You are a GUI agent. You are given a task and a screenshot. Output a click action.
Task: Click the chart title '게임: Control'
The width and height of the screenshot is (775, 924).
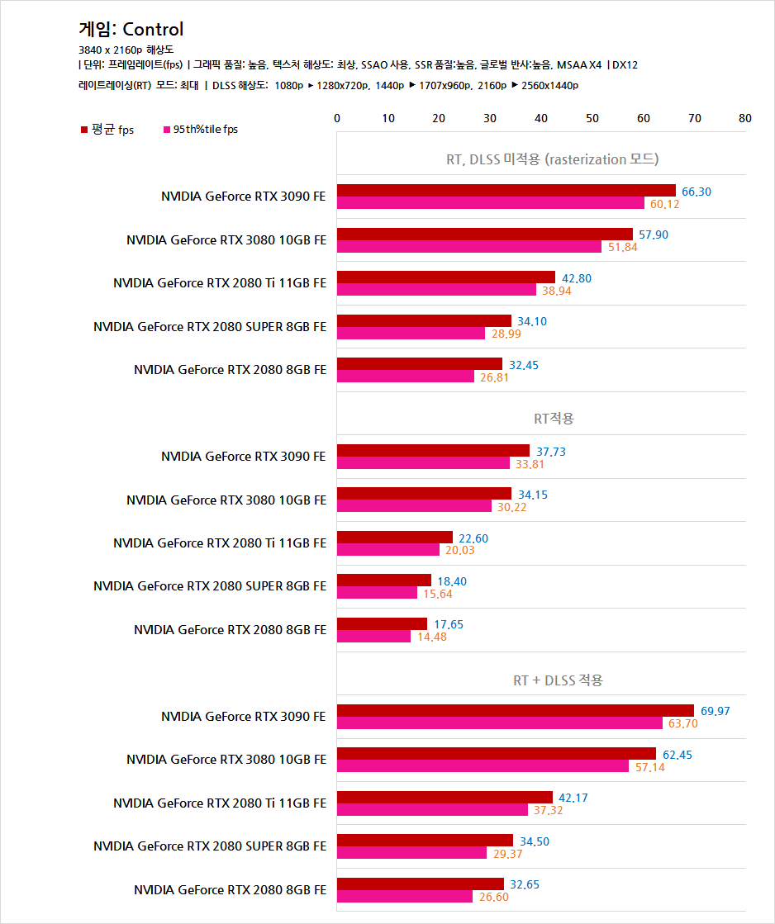point(131,30)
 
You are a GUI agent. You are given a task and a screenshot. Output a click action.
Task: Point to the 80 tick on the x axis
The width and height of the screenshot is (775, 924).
point(744,119)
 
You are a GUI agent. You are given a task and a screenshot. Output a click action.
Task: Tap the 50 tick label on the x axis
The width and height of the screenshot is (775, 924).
point(592,119)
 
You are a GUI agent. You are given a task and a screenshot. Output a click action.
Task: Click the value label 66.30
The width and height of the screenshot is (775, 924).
point(696,192)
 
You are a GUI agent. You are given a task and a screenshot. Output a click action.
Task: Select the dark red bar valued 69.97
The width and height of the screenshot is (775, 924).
point(515,711)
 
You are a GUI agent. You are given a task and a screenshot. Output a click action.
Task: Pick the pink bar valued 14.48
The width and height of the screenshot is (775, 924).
point(373,637)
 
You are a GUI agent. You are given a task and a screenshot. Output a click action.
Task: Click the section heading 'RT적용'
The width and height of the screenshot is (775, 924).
point(554,419)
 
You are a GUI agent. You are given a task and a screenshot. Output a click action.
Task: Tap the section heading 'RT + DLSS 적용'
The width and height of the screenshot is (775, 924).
point(559,680)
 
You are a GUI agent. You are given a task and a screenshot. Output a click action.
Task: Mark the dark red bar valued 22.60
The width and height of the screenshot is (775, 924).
point(394,538)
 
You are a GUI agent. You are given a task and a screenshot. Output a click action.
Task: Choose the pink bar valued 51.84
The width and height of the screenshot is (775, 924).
point(468,247)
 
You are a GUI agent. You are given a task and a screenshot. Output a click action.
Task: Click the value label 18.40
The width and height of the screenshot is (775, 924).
point(451,581)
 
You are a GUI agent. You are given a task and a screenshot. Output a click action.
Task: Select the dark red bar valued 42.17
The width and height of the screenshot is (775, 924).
point(445,798)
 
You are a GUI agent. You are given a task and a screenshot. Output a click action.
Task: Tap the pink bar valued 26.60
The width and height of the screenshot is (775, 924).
point(404,896)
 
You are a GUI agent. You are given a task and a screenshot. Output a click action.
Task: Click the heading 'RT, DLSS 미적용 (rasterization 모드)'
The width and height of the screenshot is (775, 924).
point(552,159)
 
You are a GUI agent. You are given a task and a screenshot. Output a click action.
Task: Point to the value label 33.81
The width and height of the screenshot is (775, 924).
point(529,464)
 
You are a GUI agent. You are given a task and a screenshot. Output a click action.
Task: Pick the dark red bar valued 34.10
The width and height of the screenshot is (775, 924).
point(424,320)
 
